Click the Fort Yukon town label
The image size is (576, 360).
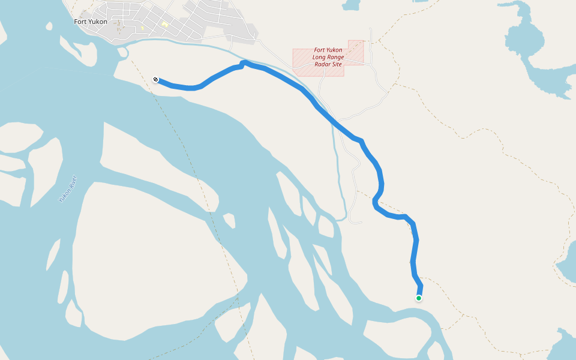click(90, 22)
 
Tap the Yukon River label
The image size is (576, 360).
click(68, 188)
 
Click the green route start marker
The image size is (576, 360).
click(419, 298)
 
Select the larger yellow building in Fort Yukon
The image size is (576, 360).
click(164, 24)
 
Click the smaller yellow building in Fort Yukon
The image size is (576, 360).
click(142, 28)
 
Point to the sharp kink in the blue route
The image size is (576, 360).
click(243, 62)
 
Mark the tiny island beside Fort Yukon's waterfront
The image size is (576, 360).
click(123, 52)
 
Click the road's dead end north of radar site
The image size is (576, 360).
click(371, 28)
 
